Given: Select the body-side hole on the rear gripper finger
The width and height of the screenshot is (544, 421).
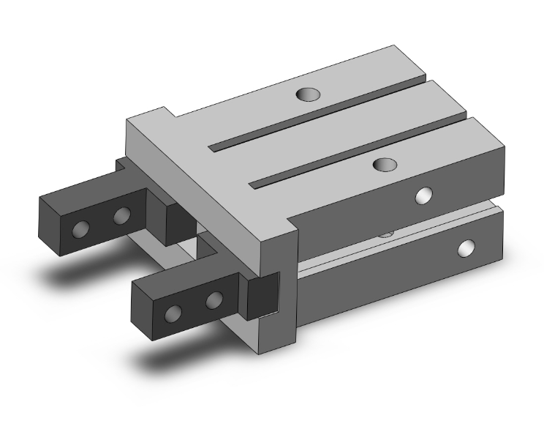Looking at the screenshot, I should click(122, 215).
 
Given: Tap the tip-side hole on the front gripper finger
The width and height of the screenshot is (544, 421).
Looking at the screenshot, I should click(173, 314).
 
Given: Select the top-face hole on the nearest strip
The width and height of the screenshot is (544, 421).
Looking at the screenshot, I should click(383, 165).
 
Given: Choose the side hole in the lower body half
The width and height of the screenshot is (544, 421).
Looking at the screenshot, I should click(465, 249).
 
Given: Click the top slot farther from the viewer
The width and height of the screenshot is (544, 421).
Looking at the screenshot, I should click(314, 122).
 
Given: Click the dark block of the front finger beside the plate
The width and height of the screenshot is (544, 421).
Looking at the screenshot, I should click(263, 296).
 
